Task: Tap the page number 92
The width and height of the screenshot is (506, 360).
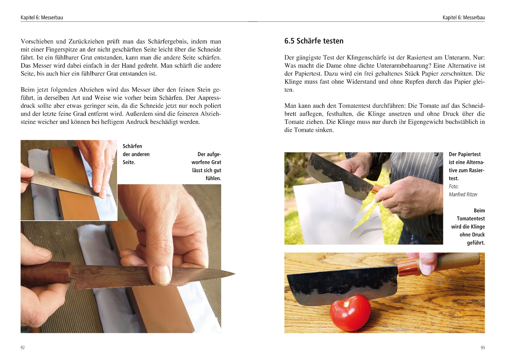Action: coord(22,348)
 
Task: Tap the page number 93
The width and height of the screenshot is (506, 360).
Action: coord(483,348)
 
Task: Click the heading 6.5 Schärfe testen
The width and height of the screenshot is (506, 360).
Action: coord(314,41)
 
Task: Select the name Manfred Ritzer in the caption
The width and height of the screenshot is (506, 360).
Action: coord(463,194)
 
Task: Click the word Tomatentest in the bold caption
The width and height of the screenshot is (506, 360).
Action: coord(471,218)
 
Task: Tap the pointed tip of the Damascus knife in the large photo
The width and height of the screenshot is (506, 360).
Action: coord(235,274)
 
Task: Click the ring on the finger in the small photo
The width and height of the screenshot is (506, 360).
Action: coord(113,160)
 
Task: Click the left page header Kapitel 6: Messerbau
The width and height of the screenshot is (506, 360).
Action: coord(42,17)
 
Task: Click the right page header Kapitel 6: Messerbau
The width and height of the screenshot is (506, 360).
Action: coord(464,17)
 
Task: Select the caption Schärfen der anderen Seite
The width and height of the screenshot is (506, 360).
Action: coord(136,154)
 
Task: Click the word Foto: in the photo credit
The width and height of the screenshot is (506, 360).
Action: coord(454,186)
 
